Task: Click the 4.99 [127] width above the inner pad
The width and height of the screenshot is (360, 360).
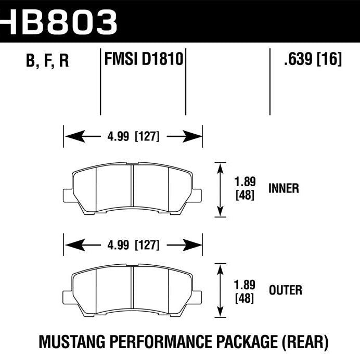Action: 133,137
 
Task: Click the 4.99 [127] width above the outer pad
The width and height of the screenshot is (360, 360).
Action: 133,244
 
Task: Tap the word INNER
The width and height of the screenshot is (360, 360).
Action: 284,188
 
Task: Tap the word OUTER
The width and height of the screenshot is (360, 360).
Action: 285,290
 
